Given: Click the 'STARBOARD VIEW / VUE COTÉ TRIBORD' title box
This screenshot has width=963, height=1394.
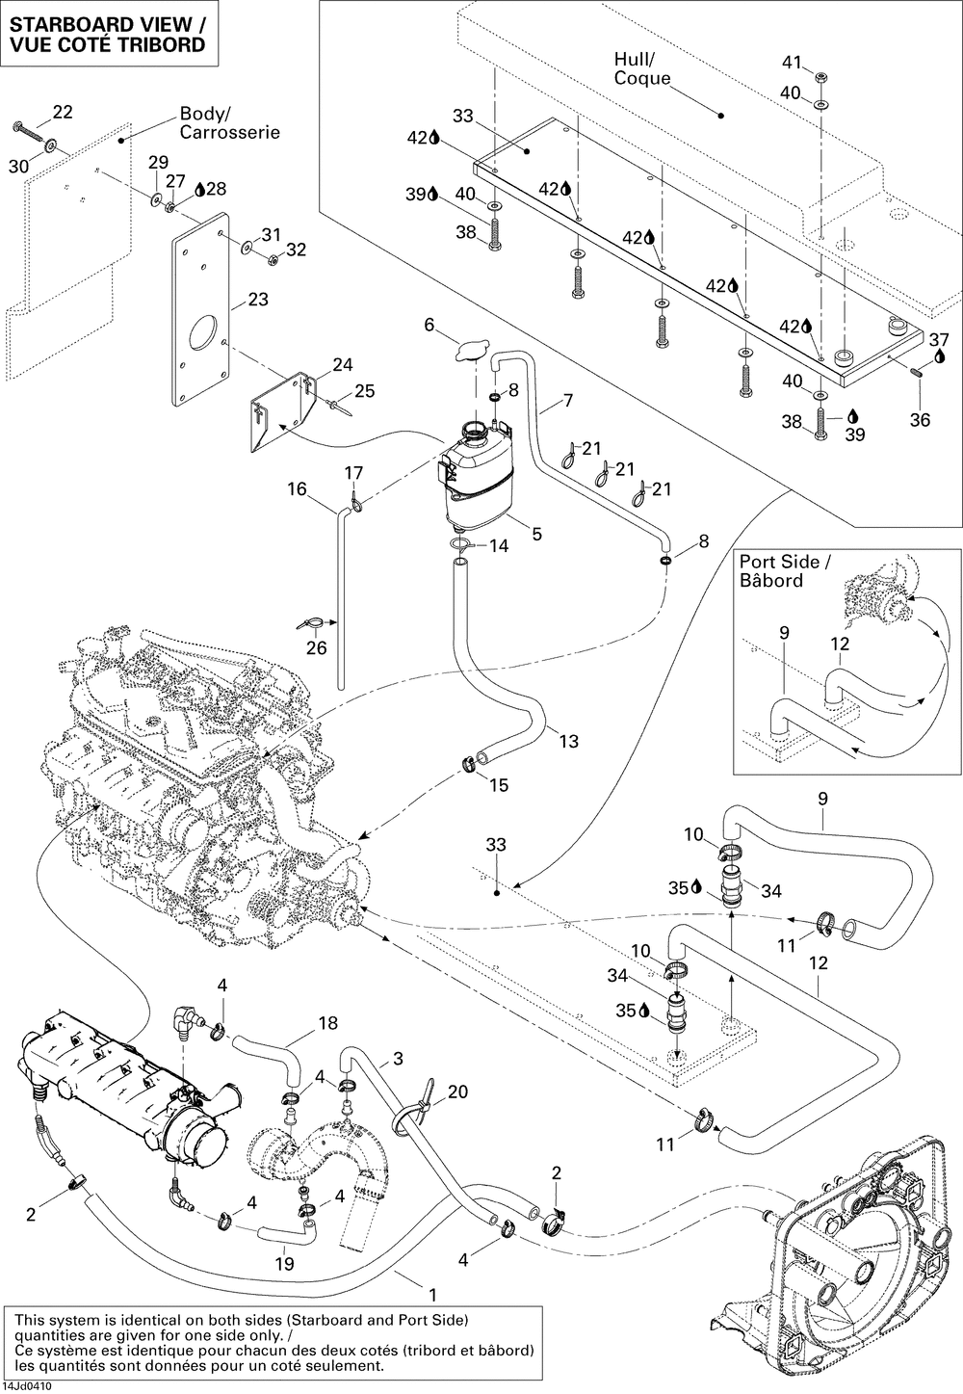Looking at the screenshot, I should (x=107, y=34).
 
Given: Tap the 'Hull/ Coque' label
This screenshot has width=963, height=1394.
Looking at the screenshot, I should (x=641, y=68).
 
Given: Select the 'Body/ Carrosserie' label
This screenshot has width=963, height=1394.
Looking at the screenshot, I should (x=229, y=123).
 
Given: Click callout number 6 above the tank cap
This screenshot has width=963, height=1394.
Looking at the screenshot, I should (x=429, y=326).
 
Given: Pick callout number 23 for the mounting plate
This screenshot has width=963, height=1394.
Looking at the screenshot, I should (x=258, y=300).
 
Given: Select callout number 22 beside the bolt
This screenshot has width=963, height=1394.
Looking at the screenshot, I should (x=63, y=112).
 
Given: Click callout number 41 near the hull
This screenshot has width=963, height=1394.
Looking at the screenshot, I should (x=791, y=63).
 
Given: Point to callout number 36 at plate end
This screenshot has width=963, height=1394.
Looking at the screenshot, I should (x=921, y=420).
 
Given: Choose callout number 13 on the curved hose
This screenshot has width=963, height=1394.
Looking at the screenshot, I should (x=568, y=741).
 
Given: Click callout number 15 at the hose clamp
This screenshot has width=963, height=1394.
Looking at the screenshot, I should (x=498, y=785).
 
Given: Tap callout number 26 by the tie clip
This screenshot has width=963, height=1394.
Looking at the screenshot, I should (x=316, y=647).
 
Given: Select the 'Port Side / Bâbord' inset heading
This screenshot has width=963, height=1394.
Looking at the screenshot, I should (x=779, y=571).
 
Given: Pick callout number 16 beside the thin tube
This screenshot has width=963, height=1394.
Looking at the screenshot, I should (x=296, y=489).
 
